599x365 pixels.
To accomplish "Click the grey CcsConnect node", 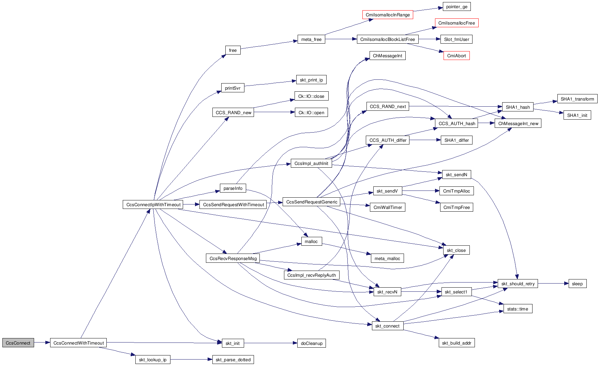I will [18, 343].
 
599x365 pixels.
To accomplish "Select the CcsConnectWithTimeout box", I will [78, 343].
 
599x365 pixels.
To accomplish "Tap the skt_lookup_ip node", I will [153, 360].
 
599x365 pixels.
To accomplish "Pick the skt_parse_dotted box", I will [233, 360].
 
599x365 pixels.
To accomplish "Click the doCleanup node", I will [312, 343].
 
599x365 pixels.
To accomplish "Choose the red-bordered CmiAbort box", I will [456, 56].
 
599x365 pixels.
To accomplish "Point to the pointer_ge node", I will [456, 6].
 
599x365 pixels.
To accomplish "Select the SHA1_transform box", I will [577, 99].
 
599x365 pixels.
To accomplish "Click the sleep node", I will [577, 284].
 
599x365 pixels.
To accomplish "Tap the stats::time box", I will [518, 309].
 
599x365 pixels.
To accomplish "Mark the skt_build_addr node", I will [456, 343].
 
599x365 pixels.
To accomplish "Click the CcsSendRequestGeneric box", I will [312, 202].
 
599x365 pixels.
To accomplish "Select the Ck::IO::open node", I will [311, 112].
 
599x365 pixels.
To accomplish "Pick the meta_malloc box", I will [387, 258].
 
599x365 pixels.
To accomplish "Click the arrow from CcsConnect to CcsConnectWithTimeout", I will [42, 343].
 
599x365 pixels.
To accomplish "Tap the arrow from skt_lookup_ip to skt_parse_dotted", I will [191, 360].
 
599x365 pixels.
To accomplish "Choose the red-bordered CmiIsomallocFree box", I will [456, 23].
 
